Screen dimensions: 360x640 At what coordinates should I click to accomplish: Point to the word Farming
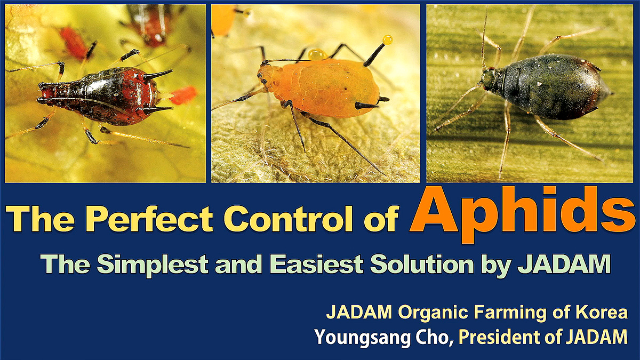pyautogui.click(x=506, y=313)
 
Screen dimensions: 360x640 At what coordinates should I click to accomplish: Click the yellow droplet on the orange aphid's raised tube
pyautogui.click(x=387, y=39)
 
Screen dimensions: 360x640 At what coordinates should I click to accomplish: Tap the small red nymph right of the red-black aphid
pyautogui.click(x=183, y=95)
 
